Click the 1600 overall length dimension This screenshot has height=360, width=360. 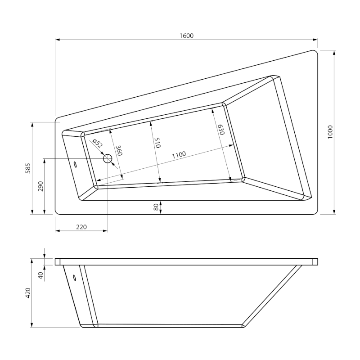186,36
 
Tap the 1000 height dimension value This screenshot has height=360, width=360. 330,132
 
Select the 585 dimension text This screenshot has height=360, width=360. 28,168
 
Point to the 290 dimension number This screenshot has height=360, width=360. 40,186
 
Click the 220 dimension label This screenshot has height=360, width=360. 81,227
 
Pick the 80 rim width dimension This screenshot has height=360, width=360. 156,207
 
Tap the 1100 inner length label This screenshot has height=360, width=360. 179,155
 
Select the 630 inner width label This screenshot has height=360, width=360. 221,130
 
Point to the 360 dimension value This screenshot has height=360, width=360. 118,150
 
